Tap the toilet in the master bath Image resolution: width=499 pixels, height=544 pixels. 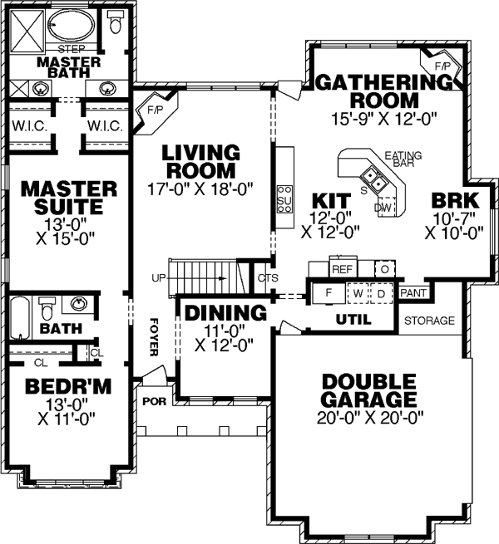[115, 23]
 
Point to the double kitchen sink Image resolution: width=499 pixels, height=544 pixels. [372, 177]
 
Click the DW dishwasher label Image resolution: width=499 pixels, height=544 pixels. [383, 207]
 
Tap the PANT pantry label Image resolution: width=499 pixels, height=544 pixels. [413, 293]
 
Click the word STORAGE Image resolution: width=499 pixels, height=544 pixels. [429, 321]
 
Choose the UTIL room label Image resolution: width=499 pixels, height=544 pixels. [353, 318]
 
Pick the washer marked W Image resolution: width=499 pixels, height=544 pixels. [357, 293]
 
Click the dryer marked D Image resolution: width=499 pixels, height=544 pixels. [380, 293]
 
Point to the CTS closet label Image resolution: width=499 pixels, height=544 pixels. [268, 277]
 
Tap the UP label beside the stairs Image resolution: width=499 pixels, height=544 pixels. [158, 277]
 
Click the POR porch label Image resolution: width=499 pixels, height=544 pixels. [155, 400]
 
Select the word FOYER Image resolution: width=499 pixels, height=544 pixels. [154, 336]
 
